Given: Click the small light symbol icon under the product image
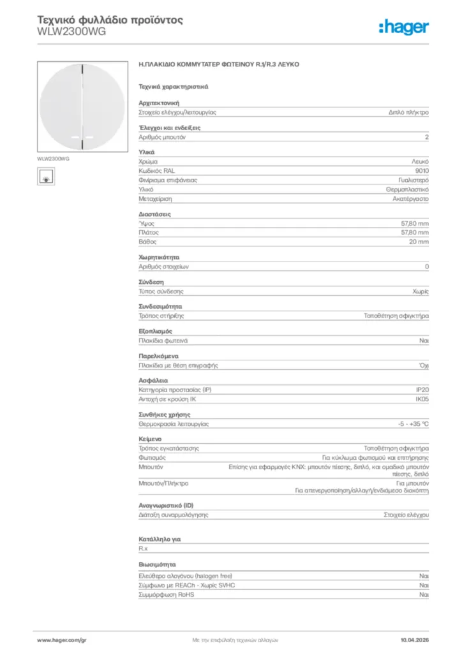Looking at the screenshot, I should [x=45, y=176].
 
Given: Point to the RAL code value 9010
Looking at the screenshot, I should [x=422, y=171].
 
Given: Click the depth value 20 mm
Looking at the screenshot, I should [x=419, y=242].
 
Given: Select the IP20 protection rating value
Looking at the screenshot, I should [x=422, y=390].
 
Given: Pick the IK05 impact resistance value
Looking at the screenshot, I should [x=422, y=399].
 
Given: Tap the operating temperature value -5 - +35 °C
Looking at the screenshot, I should [x=413, y=424].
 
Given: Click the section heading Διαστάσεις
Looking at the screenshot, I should [x=154, y=214].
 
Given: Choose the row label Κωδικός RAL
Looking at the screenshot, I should [x=156, y=171].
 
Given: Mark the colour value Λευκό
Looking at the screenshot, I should [x=420, y=162].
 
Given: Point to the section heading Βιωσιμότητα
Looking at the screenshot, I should [x=157, y=564].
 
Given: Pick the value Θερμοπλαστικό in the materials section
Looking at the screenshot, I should [x=407, y=189].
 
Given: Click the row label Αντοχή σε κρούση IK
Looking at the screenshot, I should [x=167, y=399].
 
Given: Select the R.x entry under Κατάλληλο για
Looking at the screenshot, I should [x=144, y=548].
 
